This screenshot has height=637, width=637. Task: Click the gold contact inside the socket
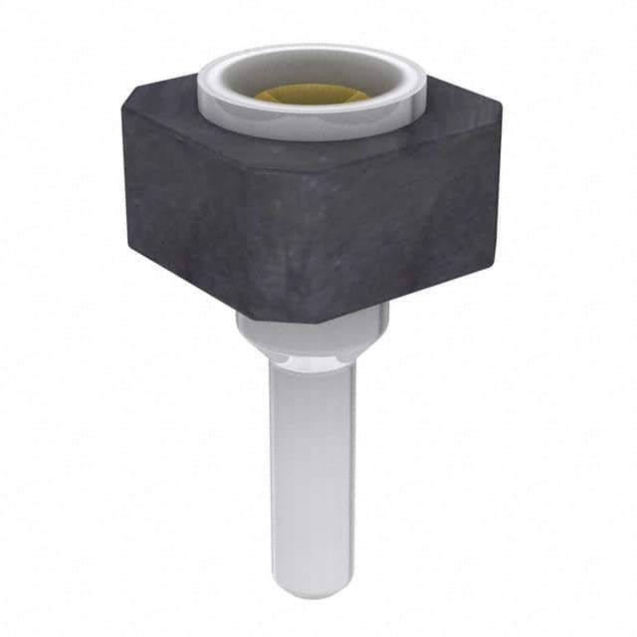(311, 95)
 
